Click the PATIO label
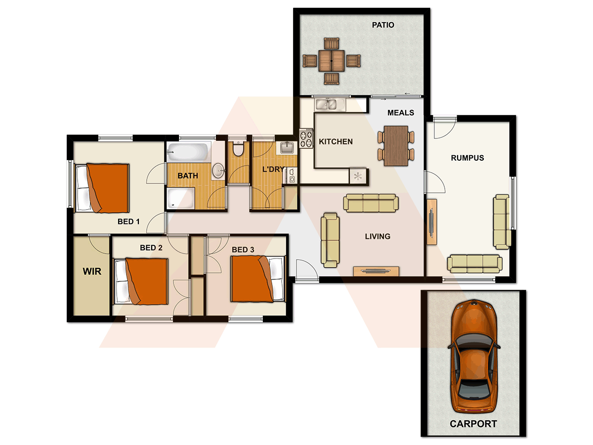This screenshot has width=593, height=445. [x=383, y=25]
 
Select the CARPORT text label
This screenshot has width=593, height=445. [x=473, y=424]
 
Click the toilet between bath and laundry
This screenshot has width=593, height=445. [x=238, y=149]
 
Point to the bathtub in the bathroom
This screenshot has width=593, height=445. [x=188, y=151]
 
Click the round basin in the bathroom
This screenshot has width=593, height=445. [x=218, y=171]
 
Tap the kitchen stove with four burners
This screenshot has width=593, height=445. [x=306, y=138]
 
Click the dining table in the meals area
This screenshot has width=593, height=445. [x=396, y=145]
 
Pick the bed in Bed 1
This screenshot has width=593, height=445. [x=102, y=188]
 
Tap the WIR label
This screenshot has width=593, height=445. [x=92, y=271]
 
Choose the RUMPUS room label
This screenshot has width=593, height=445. [x=467, y=158]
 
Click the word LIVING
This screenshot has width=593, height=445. [x=378, y=236]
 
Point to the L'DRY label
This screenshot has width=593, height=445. [x=273, y=170]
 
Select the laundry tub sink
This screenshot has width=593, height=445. [x=286, y=147]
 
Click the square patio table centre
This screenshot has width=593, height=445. [x=331, y=61]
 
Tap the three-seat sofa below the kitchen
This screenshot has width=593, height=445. [x=371, y=203]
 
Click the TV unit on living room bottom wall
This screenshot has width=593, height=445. [x=376, y=270]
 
